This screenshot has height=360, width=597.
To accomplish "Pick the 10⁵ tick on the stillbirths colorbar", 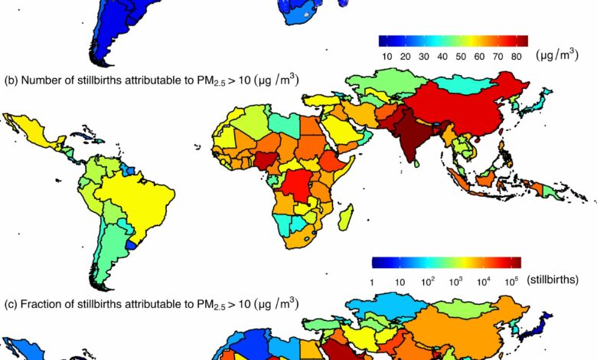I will pyautogui.click(x=510, y=280).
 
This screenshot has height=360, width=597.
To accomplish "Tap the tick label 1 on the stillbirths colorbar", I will pyautogui.click(x=372, y=280).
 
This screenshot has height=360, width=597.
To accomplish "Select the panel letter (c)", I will pyautogui.click(x=11, y=304).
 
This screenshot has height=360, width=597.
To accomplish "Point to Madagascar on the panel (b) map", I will pyautogui.click(x=345, y=214).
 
